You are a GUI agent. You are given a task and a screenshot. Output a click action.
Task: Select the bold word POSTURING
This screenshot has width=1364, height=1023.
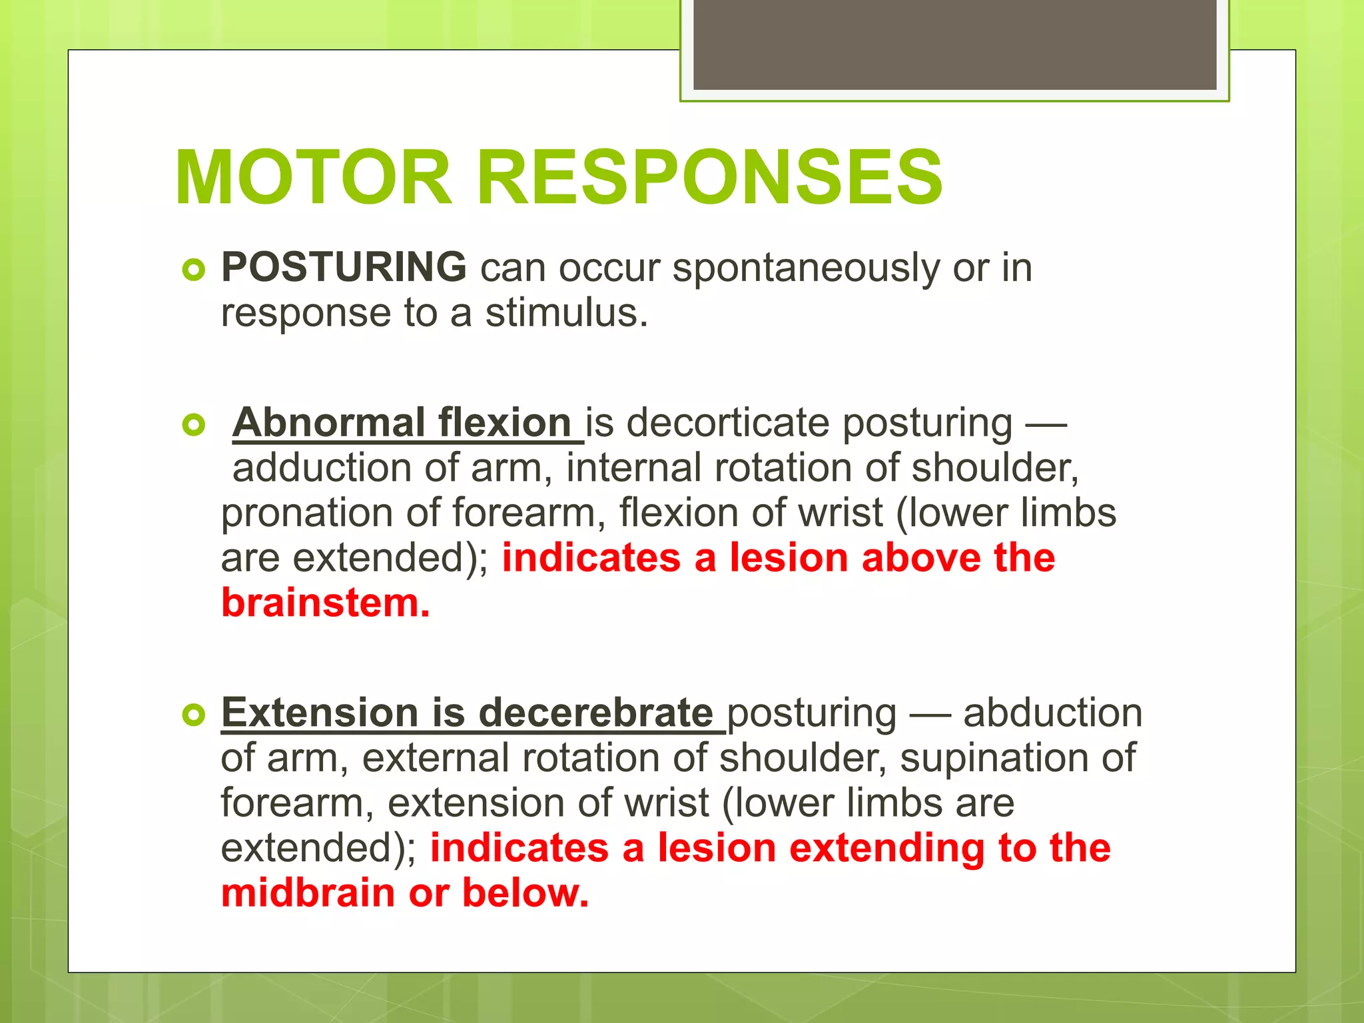click(344, 267)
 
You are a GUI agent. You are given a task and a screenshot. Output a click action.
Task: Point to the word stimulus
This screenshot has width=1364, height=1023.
click(566, 313)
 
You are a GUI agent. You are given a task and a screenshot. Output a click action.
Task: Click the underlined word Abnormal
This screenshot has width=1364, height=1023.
click(328, 423)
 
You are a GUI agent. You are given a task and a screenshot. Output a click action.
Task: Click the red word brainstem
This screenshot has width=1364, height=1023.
click(325, 603)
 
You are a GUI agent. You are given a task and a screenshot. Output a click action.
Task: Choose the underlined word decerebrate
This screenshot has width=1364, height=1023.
click(595, 713)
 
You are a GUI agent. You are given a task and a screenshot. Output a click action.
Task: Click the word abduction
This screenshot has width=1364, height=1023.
click(1052, 713)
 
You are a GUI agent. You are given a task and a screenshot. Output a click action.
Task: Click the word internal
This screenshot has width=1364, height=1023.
click(633, 468)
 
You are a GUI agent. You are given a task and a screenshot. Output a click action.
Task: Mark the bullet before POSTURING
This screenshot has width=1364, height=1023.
click(193, 270)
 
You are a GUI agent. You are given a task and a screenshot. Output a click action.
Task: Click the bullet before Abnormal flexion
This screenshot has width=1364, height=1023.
click(193, 425)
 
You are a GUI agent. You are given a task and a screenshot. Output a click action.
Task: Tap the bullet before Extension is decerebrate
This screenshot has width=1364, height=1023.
click(193, 715)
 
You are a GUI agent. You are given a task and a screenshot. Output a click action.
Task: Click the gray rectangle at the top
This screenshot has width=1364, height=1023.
click(954, 45)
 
